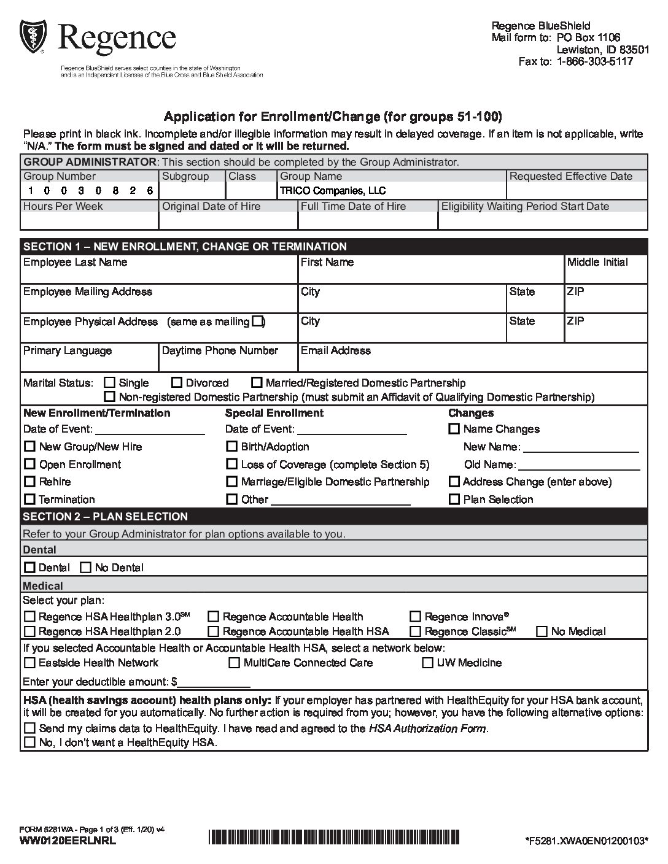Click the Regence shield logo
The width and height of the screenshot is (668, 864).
pyautogui.click(x=33, y=37)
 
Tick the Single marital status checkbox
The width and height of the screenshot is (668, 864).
pyautogui.click(x=110, y=383)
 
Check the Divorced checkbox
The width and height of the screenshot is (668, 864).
pyautogui.click(x=177, y=383)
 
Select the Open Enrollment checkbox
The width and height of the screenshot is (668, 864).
pyautogui.click(x=29, y=465)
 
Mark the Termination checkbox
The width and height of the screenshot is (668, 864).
pyautogui.click(x=29, y=499)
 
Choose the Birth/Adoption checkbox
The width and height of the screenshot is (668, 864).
pyautogui.click(x=231, y=447)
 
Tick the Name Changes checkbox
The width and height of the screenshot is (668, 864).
pyautogui.click(x=454, y=429)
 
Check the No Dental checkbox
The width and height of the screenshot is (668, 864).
pyautogui.click(x=86, y=568)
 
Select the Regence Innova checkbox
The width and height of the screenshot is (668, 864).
pyautogui.click(x=416, y=617)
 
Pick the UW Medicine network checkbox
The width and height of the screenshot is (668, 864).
pyautogui.click(x=428, y=663)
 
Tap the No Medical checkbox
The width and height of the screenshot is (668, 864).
pyautogui.click(x=542, y=631)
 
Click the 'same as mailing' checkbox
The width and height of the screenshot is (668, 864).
pyautogui.click(x=257, y=321)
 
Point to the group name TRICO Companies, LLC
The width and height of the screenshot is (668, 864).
pyautogui.click(x=333, y=191)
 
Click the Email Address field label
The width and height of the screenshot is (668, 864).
pyautogui.click(x=336, y=350)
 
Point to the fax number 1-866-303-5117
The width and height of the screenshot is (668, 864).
pyautogui.click(x=594, y=61)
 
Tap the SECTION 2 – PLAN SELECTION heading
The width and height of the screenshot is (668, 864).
pyautogui.click(x=106, y=517)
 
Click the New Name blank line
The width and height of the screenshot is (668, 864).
pyautogui.click(x=581, y=448)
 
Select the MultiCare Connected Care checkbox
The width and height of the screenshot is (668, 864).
pyautogui.click(x=234, y=663)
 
